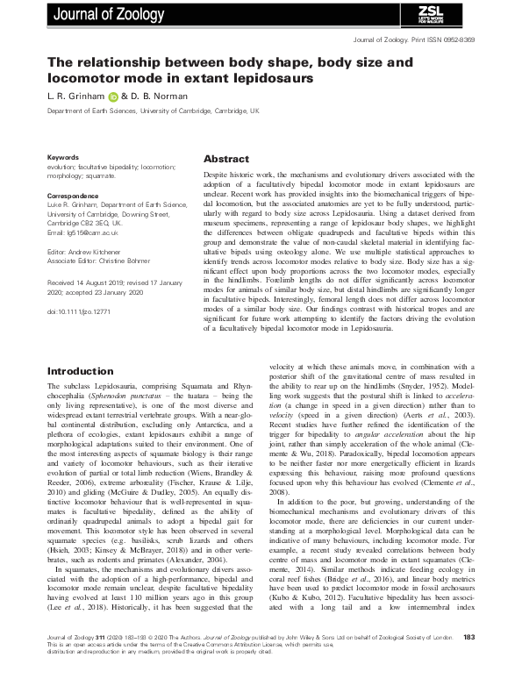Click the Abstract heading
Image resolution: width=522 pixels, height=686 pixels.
(227, 161)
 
